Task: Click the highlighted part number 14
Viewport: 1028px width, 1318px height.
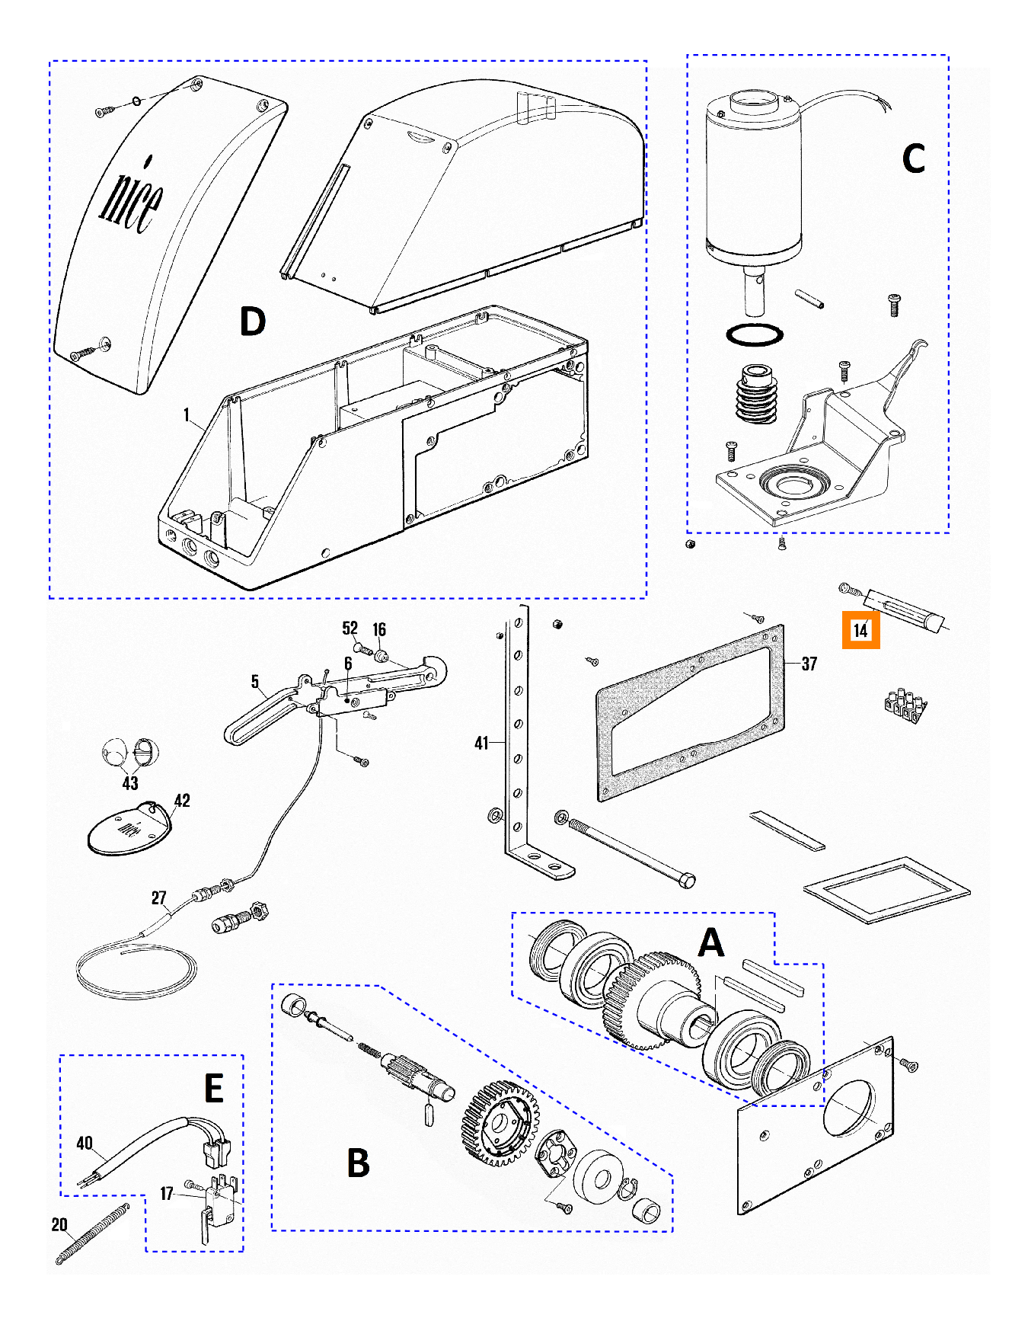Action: click(860, 630)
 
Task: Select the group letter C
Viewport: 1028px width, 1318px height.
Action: click(913, 159)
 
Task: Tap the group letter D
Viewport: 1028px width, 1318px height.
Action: click(253, 322)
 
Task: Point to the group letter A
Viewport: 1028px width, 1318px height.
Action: click(711, 943)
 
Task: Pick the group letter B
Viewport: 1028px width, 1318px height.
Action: click(358, 1163)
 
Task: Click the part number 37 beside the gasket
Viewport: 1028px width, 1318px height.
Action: click(809, 664)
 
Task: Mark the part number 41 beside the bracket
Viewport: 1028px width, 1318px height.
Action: click(481, 743)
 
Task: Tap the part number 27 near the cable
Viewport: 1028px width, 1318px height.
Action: click(158, 898)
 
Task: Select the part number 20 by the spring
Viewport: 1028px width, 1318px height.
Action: click(59, 1224)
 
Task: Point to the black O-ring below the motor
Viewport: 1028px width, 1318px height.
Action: click(754, 334)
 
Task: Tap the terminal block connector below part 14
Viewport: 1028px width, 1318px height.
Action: click(905, 705)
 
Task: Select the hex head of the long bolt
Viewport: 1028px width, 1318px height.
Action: click(686, 881)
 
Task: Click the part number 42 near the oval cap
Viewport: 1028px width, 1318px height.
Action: click(182, 801)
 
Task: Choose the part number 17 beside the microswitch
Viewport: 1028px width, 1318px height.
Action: click(167, 1194)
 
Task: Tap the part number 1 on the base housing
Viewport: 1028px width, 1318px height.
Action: click(187, 415)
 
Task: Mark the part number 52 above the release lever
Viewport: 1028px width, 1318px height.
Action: click(350, 629)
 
